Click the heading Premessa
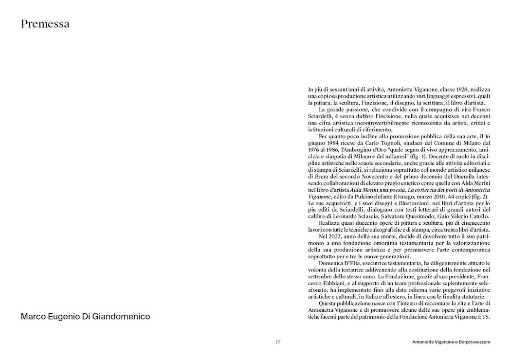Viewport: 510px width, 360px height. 45,24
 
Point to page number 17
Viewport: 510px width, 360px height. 278,342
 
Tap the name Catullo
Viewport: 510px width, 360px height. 479,216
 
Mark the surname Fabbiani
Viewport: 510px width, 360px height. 328,283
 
